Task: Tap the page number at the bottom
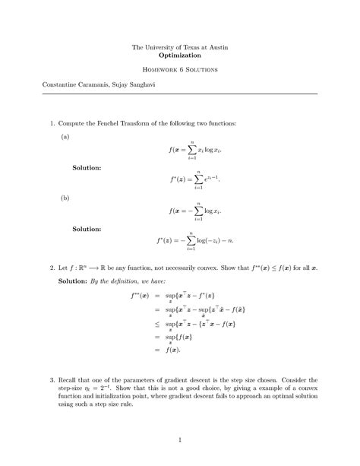coord(180,439)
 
